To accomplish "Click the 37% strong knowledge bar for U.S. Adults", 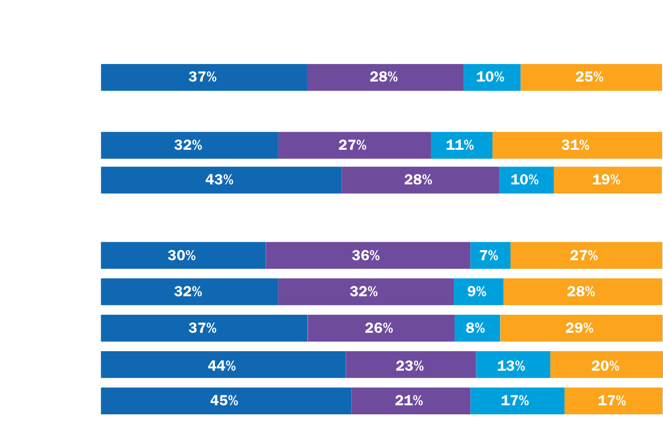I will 204,77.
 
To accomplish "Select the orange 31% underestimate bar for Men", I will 577,145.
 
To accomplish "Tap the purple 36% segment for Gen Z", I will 367,255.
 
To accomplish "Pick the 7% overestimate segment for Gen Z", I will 490,255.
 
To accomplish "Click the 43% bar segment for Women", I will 221,180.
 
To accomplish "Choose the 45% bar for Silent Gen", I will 225,401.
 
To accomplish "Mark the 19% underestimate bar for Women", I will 608,180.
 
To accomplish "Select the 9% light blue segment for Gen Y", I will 478,292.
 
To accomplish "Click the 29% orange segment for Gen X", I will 581,328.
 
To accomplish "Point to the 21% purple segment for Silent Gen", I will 410,401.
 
